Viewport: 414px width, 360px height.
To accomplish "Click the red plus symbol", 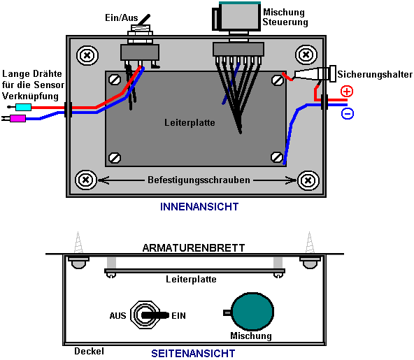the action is pyautogui.click(x=347, y=92).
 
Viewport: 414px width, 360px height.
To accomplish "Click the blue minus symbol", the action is pyautogui.click(x=348, y=113).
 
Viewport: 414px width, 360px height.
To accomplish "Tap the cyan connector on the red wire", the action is pyautogui.click(x=23, y=107).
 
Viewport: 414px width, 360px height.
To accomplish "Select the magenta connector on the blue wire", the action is pyautogui.click(x=17, y=119).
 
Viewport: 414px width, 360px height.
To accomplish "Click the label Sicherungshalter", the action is pyautogui.click(x=375, y=74).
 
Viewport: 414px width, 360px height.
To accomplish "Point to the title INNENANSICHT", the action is pyautogui.click(x=199, y=207).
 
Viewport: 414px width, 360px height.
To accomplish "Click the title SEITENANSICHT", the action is pyautogui.click(x=193, y=354).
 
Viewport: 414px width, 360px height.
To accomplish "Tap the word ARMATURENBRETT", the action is pyautogui.click(x=194, y=248).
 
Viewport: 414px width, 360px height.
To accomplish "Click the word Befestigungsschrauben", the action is pyautogui.click(x=199, y=180).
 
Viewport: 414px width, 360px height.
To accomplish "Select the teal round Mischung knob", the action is pyautogui.click(x=252, y=312).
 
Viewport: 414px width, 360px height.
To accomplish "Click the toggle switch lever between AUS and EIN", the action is pyautogui.click(x=155, y=315).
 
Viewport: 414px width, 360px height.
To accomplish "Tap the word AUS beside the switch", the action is pyautogui.click(x=117, y=316).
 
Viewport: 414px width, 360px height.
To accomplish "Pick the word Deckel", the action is pyautogui.click(x=89, y=352).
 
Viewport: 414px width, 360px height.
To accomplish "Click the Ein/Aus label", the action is pyautogui.click(x=122, y=17).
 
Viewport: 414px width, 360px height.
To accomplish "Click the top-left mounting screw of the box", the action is pyautogui.click(x=87, y=55).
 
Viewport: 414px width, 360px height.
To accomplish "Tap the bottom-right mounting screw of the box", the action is pyautogui.click(x=308, y=181).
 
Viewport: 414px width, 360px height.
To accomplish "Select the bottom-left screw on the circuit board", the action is pyautogui.click(x=115, y=158).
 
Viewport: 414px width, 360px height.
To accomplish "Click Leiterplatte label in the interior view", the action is pyautogui.click(x=190, y=123).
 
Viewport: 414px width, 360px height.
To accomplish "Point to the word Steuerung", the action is pyautogui.click(x=285, y=22).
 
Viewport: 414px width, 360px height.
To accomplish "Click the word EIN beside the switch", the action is pyautogui.click(x=178, y=316).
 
